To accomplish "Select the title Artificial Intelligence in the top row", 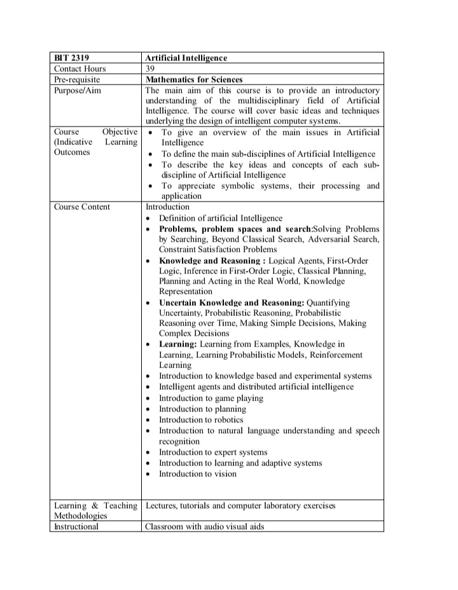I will [186, 58].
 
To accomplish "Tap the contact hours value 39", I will [151, 69].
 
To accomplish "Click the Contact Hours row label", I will [80, 69].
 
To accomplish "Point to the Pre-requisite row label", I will [78, 79].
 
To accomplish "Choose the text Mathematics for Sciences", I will [194, 79].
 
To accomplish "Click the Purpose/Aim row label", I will [78, 90].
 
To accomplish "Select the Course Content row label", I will [82, 207].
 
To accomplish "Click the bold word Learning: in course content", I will [177, 344].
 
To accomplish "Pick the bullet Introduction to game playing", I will [211, 398].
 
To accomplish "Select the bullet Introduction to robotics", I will [201, 420].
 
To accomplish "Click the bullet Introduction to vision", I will [197, 474].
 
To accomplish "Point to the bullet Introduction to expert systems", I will [213, 452].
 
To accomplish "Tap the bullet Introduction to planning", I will [202, 409].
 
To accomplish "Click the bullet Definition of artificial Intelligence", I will [220, 217].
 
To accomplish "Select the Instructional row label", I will [76, 526].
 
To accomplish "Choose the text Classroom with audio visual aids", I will [204, 526].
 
